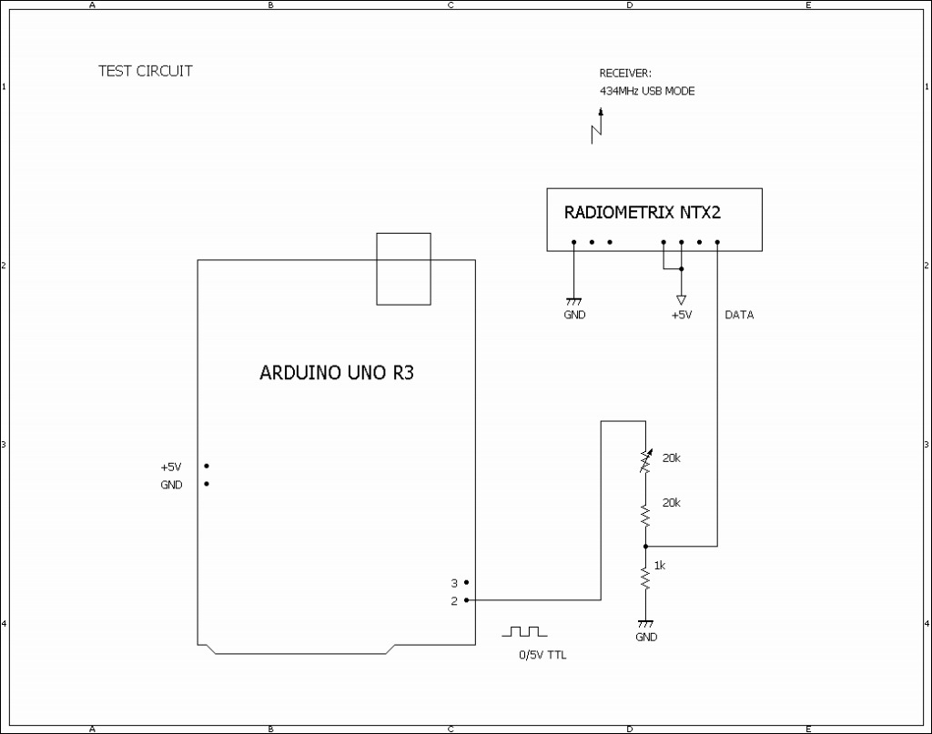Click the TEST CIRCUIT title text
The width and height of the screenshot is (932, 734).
point(146,71)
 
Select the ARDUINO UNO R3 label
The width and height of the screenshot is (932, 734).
point(337,372)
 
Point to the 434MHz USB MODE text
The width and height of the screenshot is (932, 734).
point(646,91)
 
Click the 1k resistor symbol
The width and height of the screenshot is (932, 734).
point(645,578)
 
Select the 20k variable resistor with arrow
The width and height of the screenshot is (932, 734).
point(645,462)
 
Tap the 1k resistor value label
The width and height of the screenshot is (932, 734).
point(660,565)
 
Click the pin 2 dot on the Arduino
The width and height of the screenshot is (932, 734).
point(466,600)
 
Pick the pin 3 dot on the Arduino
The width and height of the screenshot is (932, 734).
point(466,582)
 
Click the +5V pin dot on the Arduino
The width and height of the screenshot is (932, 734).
point(207,466)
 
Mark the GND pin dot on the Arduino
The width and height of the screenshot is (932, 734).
point(207,484)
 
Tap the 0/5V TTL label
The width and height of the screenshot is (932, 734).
point(542,655)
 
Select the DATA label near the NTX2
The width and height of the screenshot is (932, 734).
point(739,315)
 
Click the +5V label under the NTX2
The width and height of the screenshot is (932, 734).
point(681,315)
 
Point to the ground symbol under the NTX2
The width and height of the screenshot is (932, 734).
point(573,300)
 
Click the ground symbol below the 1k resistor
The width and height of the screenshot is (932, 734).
point(645,623)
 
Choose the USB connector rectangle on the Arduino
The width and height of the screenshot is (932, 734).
point(403,269)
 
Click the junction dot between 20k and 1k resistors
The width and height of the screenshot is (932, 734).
point(645,546)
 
